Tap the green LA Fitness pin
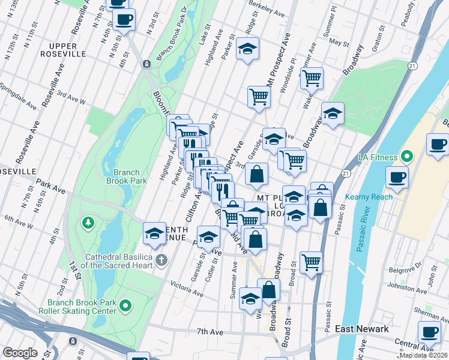pos(406,157)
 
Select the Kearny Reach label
pos(369,197)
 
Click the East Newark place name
pos(362,329)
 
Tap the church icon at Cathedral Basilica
pos(160,260)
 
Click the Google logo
pos(20,353)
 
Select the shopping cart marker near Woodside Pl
pos(312,77)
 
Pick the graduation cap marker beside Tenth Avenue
pos(154,233)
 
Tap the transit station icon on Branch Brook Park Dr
pos(146,64)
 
